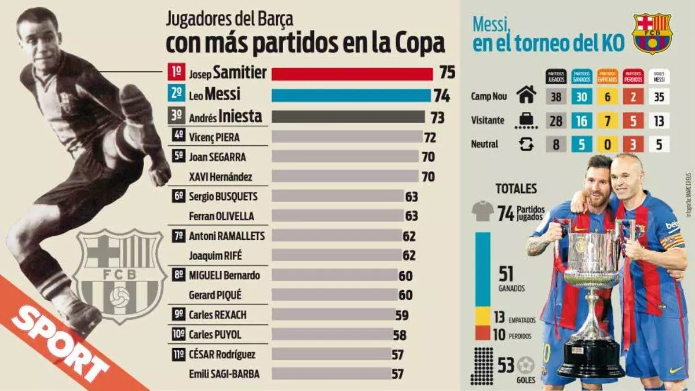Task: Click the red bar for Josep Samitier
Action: click(x=352, y=74)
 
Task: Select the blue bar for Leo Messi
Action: click(x=351, y=95)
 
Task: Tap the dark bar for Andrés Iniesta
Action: click(x=348, y=116)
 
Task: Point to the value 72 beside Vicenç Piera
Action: click(x=430, y=137)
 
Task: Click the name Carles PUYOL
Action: click(x=215, y=335)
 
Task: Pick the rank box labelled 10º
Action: click(x=178, y=334)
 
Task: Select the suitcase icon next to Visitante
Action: click(x=526, y=120)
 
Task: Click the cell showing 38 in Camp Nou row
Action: click(x=556, y=97)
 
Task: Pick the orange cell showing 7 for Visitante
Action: click(x=608, y=120)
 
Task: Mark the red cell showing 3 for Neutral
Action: click(x=633, y=144)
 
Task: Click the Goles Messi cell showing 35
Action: click(x=659, y=97)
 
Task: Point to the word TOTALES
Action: click(x=516, y=189)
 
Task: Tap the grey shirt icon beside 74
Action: click(x=482, y=213)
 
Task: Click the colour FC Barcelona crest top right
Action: click(x=652, y=32)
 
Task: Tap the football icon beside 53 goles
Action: click(x=526, y=365)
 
